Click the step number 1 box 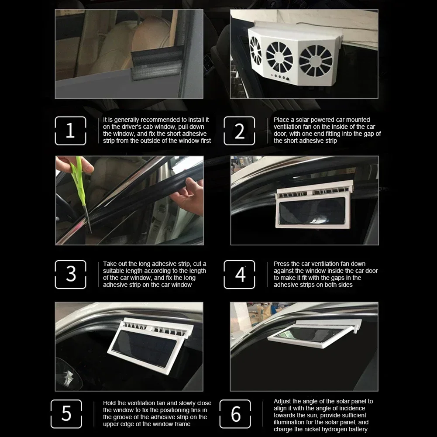tap(70, 131)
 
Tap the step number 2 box tap(239, 131)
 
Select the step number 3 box tap(70, 274)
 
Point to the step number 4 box tap(239, 274)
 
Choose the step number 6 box tap(235, 414)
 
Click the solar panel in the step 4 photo tap(312, 211)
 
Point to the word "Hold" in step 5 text tap(110, 403)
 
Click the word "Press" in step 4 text tap(282, 264)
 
